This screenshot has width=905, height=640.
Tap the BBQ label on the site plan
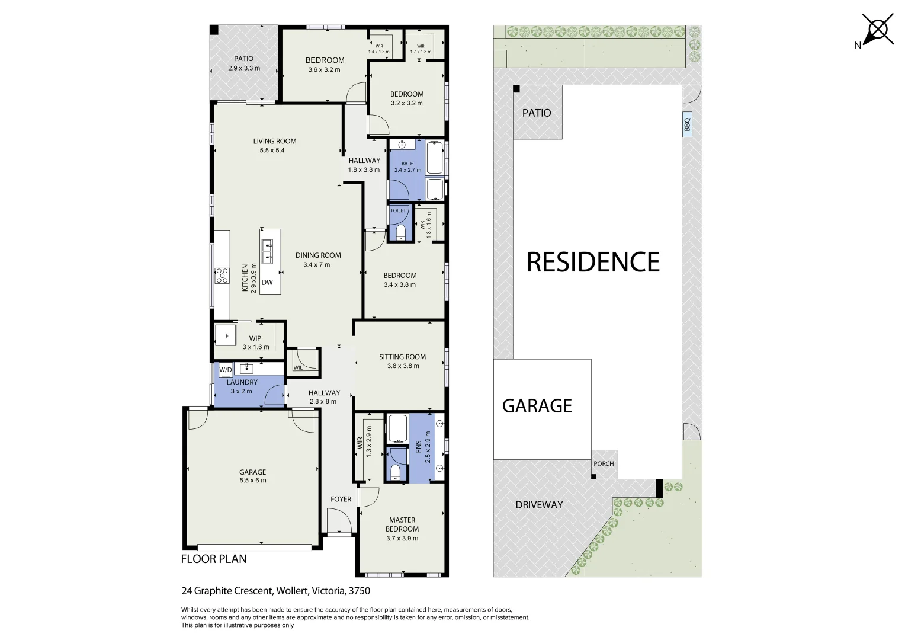pos(687,125)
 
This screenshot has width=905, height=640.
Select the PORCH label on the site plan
pos(604,464)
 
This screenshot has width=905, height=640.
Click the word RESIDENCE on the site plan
pos(593,262)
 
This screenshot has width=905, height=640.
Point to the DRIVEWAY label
pos(539,505)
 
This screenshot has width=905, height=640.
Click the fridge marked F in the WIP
pos(226,336)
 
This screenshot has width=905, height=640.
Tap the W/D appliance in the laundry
pos(225,370)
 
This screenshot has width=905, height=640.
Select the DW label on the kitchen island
pos(267,283)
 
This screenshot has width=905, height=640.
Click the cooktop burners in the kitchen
pos(222,276)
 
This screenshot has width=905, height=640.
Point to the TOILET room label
pos(398,210)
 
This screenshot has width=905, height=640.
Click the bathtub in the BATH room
pos(435,158)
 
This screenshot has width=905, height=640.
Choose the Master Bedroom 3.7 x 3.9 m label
pos(402,529)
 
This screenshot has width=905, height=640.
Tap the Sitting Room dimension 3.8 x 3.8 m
pos(403,366)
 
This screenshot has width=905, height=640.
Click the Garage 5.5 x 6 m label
pos(252,476)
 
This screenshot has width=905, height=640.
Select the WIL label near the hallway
pos(297,368)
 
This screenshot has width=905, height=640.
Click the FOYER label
pos(341,500)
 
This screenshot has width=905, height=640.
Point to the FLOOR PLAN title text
pos(214,559)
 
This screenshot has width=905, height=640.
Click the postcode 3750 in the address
pos(360,591)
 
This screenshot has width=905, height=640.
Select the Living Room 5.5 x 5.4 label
pos(275,146)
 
